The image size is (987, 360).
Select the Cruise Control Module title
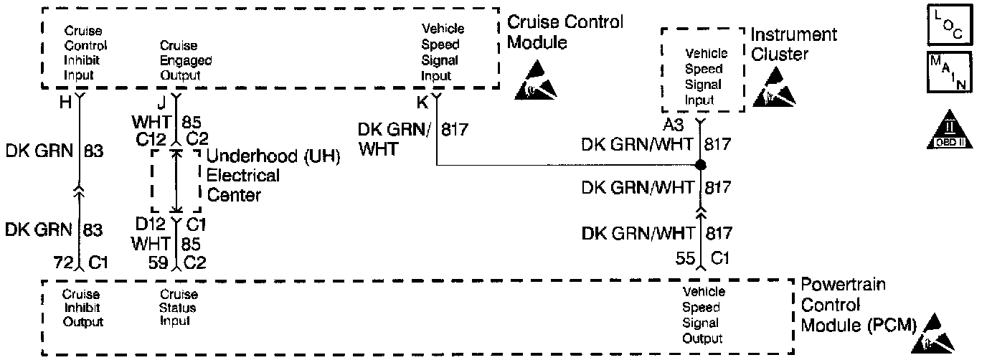click(565, 32)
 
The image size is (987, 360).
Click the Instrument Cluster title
click(793, 44)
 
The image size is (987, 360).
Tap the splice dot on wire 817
click(702, 166)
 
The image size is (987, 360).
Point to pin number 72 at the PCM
click(65, 263)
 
